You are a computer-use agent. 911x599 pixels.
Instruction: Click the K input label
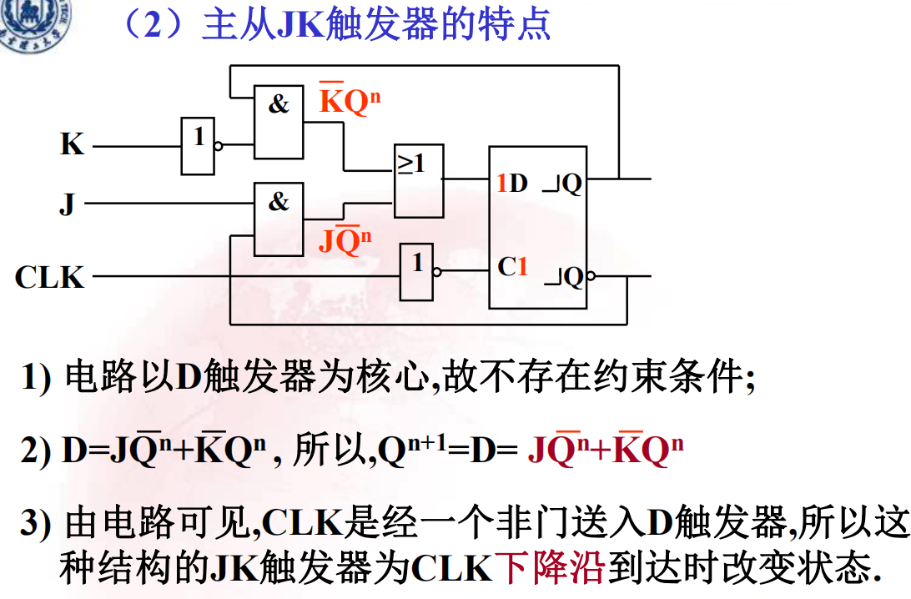click(x=72, y=144)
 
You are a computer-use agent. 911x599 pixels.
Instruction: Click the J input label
click(x=68, y=203)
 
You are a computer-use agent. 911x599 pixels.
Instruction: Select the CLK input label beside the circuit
click(x=49, y=276)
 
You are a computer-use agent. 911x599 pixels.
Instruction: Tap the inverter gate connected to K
click(x=198, y=145)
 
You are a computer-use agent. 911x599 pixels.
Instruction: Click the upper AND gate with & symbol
click(x=279, y=121)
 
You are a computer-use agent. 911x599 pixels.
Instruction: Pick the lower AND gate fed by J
click(x=279, y=219)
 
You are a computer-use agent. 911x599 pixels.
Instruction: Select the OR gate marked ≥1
click(x=418, y=180)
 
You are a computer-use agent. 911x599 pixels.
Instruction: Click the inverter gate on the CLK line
click(x=417, y=272)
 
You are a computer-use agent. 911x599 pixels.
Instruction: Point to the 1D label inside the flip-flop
click(x=512, y=184)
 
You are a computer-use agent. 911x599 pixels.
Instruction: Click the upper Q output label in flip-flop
click(x=571, y=184)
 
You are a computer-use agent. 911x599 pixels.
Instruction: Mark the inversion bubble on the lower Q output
click(x=591, y=275)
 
